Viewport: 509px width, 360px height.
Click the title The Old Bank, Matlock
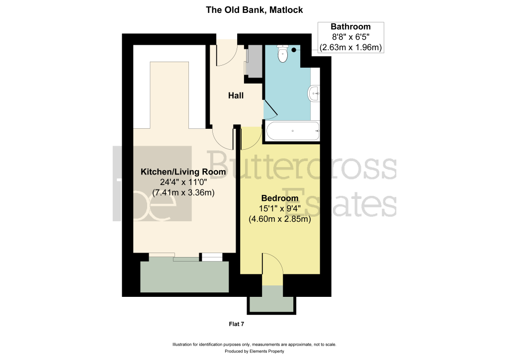[254, 10]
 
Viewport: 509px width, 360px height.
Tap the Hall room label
[236, 95]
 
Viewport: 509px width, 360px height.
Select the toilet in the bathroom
[283, 54]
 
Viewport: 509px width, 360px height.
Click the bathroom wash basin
[314, 93]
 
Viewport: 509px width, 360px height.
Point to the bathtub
[293, 131]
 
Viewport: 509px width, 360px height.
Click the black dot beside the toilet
[294, 50]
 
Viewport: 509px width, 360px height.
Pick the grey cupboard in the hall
[255, 61]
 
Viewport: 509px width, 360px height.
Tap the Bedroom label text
[280, 198]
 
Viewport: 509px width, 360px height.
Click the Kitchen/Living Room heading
[183, 172]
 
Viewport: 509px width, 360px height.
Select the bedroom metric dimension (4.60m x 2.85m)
[280, 219]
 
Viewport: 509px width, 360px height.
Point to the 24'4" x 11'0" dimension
[183, 182]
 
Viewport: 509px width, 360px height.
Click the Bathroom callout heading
[350, 27]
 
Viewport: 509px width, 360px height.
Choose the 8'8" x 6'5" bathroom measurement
[350, 37]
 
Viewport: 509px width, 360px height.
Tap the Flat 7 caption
[236, 324]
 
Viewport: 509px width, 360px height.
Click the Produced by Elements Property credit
[254, 351]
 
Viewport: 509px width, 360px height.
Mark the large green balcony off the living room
[184, 276]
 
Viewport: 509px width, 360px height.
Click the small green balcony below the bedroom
[271, 299]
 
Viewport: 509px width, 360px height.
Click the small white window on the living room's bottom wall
[212, 257]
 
